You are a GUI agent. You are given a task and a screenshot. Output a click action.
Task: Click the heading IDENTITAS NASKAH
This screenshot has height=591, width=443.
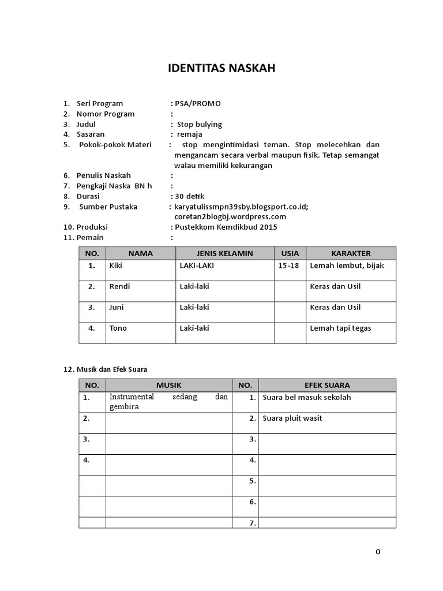pyautogui.click(x=221, y=69)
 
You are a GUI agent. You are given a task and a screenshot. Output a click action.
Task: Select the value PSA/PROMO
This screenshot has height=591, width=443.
pyautogui.click(x=198, y=104)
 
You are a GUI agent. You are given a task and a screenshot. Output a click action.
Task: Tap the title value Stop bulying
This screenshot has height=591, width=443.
pyautogui.click(x=199, y=125)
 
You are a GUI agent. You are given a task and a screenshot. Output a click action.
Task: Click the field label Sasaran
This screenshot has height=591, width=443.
pyautogui.click(x=91, y=134)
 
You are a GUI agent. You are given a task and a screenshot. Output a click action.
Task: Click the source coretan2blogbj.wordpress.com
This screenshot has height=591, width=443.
pyautogui.click(x=230, y=216)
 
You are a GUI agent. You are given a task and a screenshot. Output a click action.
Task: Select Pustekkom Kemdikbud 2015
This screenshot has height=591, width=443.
pyautogui.click(x=226, y=227)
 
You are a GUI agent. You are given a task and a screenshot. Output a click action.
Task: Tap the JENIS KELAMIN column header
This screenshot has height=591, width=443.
pyautogui.click(x=224, y=253)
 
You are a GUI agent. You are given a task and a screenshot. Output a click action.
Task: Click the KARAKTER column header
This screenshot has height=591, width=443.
pyautogui.click(x=351, y=253)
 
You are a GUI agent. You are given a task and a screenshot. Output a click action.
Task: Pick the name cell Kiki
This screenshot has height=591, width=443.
pyautogui.click(x=116, y=266)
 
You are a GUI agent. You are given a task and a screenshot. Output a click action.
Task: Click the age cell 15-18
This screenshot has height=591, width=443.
pyautogui.click(x=290, y=266)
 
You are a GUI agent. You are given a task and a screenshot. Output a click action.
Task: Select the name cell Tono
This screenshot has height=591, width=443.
pyautogui.click(x=118, y=328)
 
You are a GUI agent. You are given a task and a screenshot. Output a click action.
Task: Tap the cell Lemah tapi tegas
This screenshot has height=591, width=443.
pyautogui.click(x=340, y=328)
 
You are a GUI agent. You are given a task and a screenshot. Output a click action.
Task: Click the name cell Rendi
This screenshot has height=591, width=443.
pyautogui.click(x=119, y=287)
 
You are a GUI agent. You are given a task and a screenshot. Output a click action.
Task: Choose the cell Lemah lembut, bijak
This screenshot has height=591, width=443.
pyautogui.click(x=347, y=266)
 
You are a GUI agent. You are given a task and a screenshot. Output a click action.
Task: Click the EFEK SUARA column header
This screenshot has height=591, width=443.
pyautogui.click(x=327, y=385)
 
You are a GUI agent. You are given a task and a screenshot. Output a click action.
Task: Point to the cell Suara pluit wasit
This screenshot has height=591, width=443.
pyautogui.click(x=292, y=418)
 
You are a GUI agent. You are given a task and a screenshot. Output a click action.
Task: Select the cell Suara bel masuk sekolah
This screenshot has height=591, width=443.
pyautogui.click(x=306, y=398)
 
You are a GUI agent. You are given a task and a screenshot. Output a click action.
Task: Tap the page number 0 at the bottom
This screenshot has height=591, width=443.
pyautogui.click(x=378, y=551)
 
